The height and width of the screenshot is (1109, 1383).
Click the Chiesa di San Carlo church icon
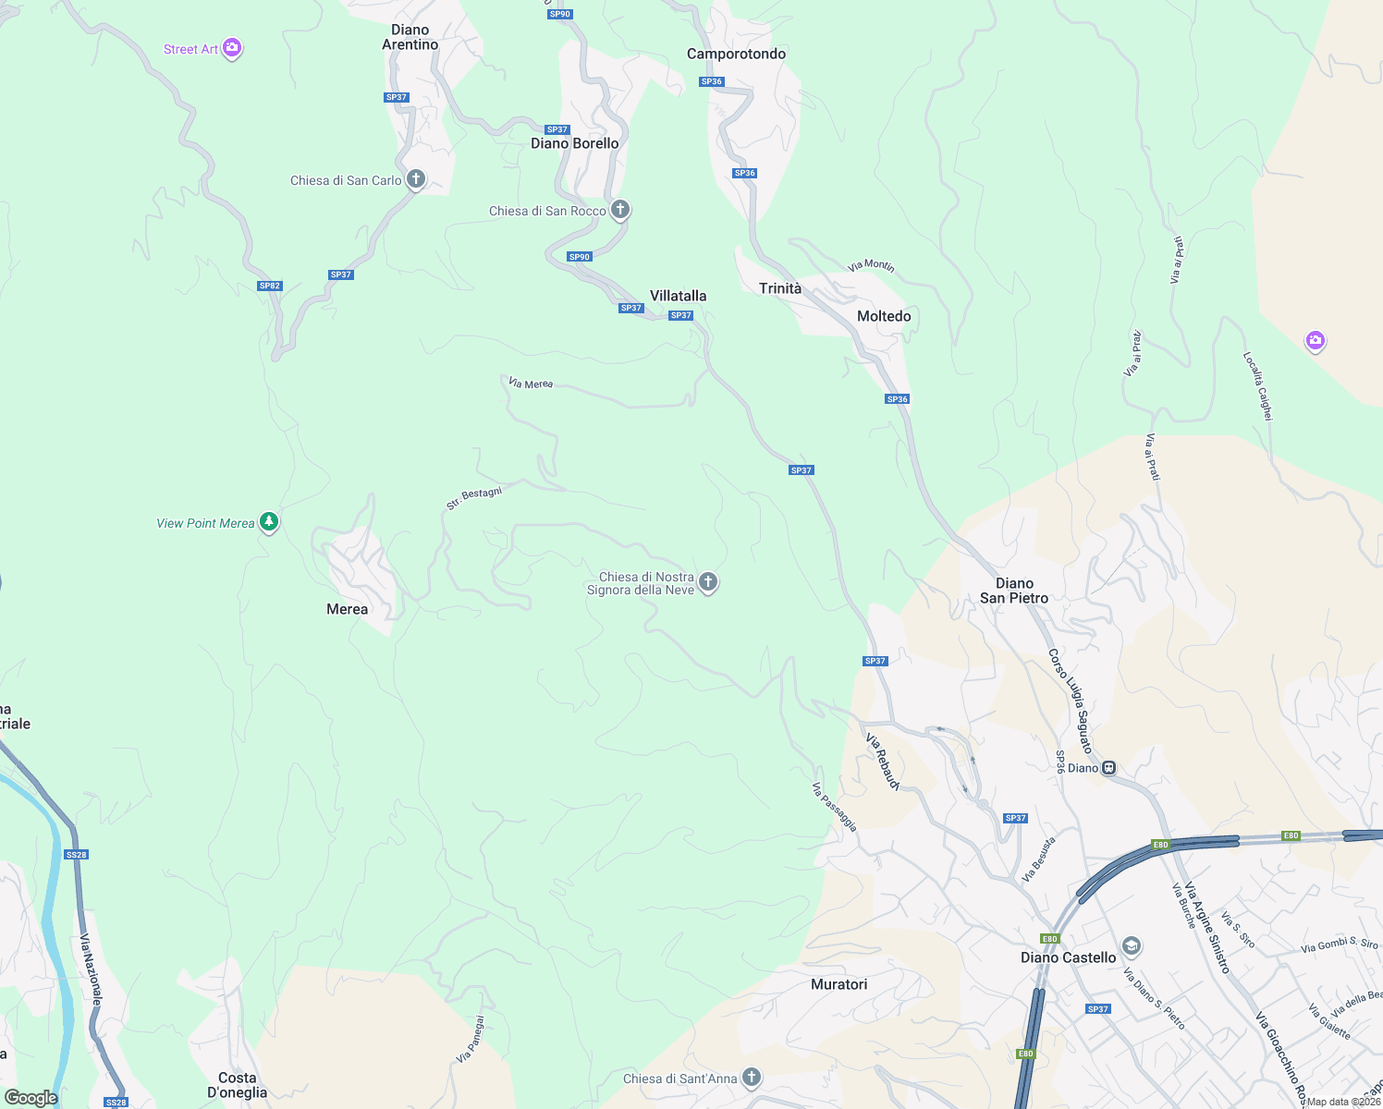pos(416,179)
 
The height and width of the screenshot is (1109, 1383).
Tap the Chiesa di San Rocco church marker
pos(620,210)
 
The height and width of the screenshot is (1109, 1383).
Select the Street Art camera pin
pos(232,48)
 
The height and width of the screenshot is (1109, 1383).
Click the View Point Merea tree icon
pos(269,522)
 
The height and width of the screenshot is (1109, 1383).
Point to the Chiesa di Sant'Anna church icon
pos(753,1077)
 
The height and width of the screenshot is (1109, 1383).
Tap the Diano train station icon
pos(1109,768)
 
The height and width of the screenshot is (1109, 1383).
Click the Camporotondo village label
pos(736,54)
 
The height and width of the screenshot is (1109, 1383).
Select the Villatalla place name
pos(678,296)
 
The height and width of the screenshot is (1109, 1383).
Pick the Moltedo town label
pos(884,316)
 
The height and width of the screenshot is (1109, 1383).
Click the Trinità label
pos(780,288)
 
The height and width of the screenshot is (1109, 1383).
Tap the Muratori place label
pos(838,984)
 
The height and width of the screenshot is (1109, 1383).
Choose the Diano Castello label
pos(1068,957)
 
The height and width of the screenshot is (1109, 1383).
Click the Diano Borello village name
pos(574,143)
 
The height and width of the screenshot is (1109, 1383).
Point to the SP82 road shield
pos(269,286)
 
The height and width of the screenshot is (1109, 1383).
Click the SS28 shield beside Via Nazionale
pos(77,855)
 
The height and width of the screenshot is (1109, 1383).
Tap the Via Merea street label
pos(531,383)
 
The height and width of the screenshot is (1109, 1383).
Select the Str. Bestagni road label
pos(474,498)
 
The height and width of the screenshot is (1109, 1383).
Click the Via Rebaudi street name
pos(882,762)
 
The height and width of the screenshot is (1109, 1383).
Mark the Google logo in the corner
pos(31,1098)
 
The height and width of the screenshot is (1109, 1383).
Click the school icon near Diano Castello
pos(1131,946)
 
